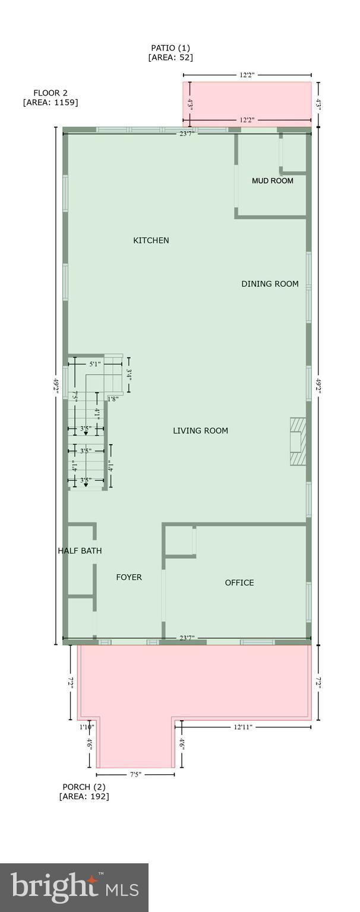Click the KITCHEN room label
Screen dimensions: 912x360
151,240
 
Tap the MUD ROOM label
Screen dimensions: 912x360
273,181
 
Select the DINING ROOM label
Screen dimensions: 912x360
270,284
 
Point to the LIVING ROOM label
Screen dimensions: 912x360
200,430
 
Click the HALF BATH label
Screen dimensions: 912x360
80,551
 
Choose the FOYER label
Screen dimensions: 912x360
129,577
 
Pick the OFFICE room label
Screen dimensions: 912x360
239,582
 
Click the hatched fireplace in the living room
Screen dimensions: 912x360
298,442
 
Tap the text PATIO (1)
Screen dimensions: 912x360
170,47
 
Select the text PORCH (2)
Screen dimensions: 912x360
84,787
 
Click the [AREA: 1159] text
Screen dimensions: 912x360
50,102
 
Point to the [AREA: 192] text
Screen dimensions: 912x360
84,796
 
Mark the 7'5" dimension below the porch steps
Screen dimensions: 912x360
135,774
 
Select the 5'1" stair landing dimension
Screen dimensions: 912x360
94,364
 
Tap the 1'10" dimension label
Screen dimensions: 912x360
87,727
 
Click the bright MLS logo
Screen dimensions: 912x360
74,887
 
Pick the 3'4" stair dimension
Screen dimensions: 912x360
130,375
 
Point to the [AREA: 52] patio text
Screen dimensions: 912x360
170,58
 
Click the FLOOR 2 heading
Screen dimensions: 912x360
50,93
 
